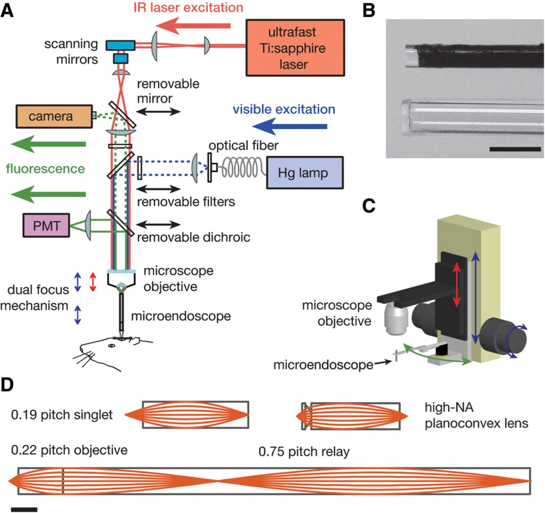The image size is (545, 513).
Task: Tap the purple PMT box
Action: pyautogui.click(x=46, y=225)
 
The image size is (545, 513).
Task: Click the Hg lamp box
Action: pyautogui.click(x=304, y=173)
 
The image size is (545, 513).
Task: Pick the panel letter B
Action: pyautogui.click(x=369, y=10)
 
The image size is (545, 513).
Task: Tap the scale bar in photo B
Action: pyautogui.click(x=515, y=149)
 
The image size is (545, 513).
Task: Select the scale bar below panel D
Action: pyautogui.click(x=24, y=509)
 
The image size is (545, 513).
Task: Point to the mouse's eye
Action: pyautogui.click(x=112, y=346)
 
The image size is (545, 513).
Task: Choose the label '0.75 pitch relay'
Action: pyautogui.click(x=304, y=452)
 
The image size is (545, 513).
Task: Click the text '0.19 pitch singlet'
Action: pyautogui.click(x=62, y=415)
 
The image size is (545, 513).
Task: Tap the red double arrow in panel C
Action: pyautogui.click(x=456, y=284)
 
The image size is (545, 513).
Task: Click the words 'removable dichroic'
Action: pyautogui.click(x=193, y=237)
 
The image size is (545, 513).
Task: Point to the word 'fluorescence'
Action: pyautogui.click(x=46, y=169)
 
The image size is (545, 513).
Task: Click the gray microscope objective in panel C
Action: pyautogui.click(x=396, y=317)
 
